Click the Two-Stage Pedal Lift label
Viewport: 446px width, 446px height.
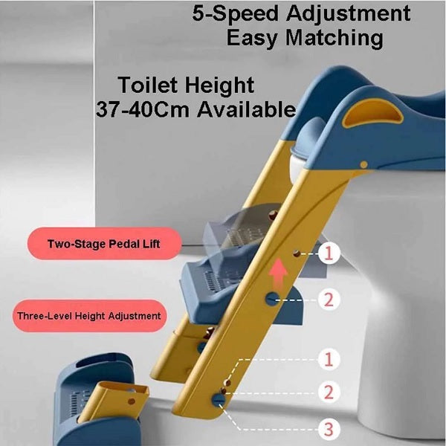103,244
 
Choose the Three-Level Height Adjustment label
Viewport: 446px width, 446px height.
88,315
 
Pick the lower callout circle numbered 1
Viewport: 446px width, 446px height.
329,361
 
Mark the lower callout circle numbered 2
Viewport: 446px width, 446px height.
329,392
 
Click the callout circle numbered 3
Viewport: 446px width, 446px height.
329,427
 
